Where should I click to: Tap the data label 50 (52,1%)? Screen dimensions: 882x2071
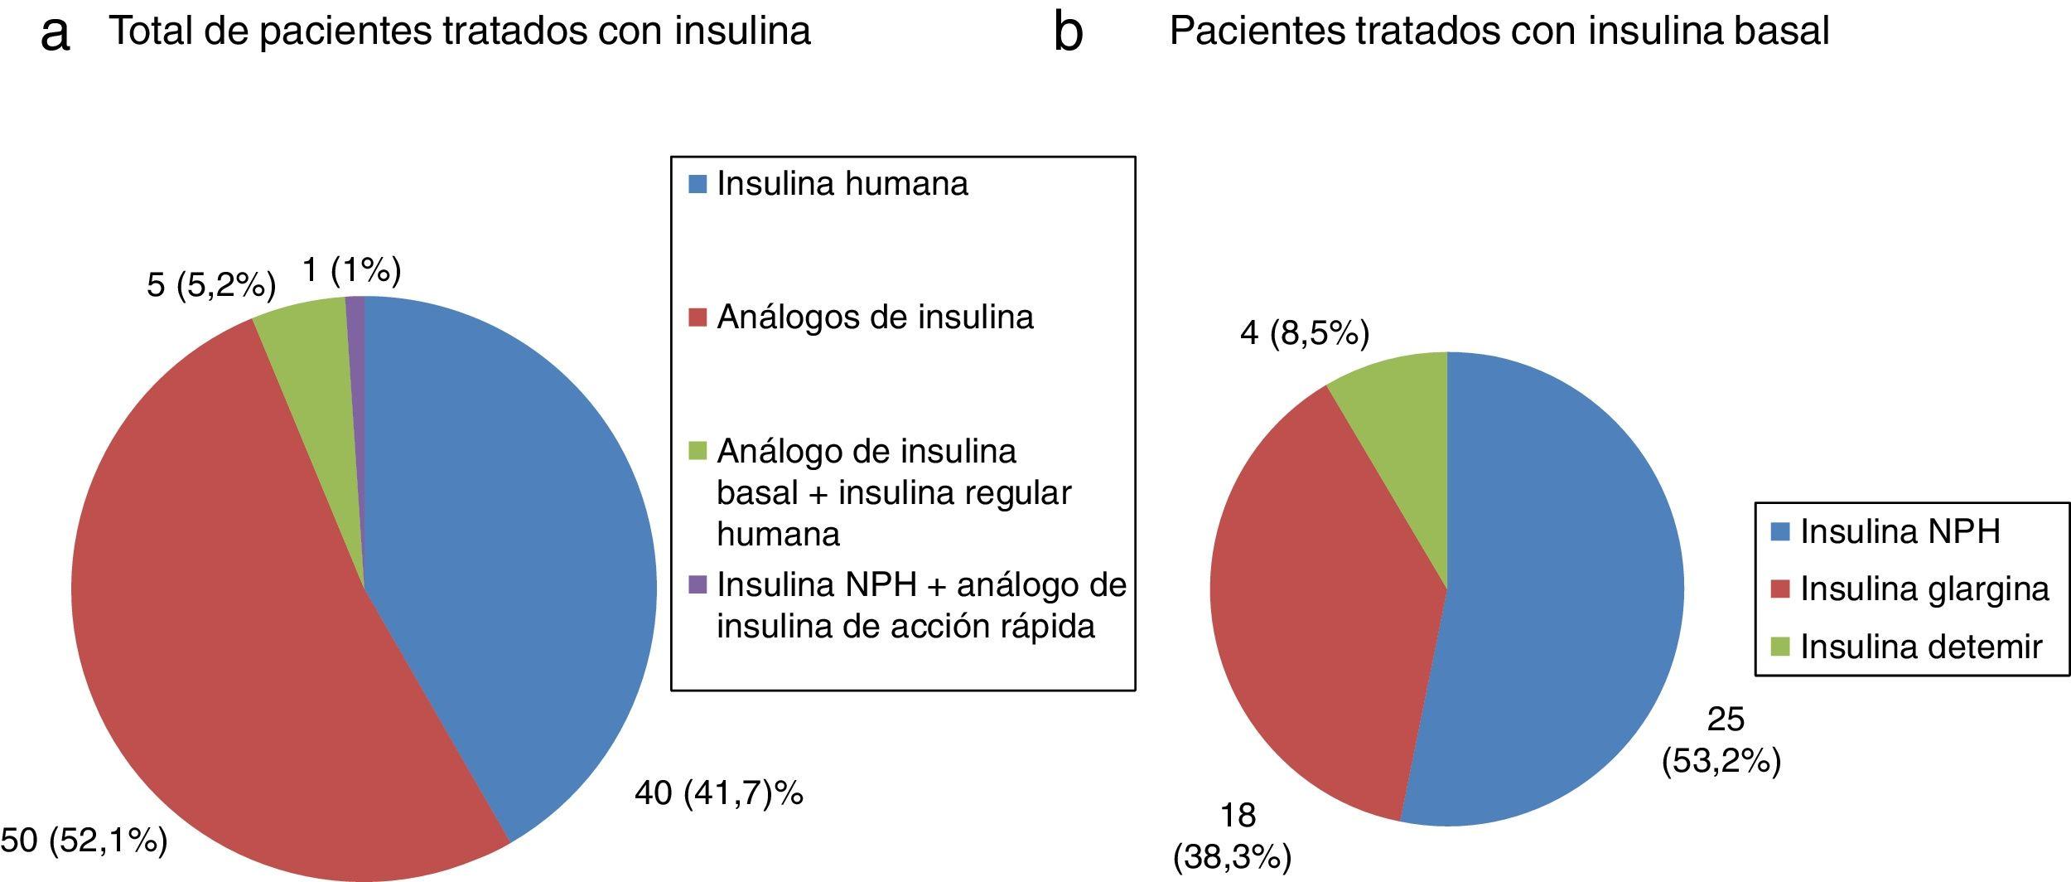[83, 841]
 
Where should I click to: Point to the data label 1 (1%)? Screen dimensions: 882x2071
[351, 270]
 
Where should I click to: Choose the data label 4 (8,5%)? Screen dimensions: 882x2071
[1304, 333]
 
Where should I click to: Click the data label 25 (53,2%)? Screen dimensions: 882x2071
[1721, 740]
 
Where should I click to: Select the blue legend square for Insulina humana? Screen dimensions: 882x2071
[698, 184]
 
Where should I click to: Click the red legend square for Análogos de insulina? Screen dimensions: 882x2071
[698, 317]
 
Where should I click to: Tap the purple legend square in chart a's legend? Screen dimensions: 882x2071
[698, 585]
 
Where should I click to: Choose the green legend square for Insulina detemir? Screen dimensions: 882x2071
[1781, 647]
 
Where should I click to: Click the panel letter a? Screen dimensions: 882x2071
[55, 33]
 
